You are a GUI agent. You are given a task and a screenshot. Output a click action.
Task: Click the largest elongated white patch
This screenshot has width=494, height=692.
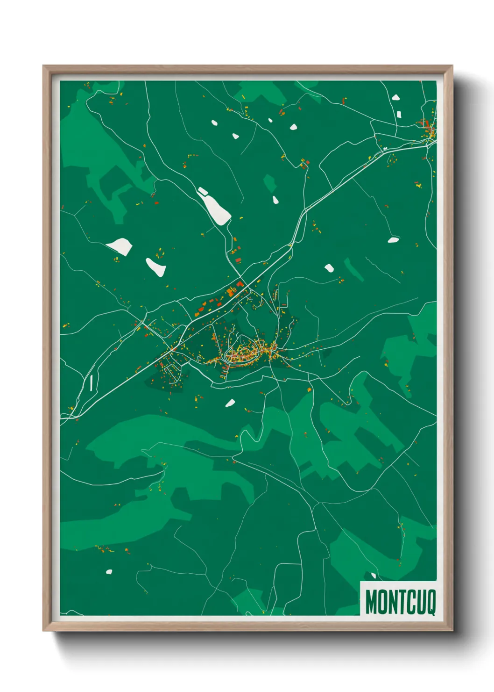point(216,209)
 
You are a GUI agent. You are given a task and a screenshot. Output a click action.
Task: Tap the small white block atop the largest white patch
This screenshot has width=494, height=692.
point(202,190)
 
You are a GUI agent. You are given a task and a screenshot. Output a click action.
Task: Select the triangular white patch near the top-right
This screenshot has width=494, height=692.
point(395,98)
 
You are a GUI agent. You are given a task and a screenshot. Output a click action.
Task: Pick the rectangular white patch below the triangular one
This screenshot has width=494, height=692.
point(399,114)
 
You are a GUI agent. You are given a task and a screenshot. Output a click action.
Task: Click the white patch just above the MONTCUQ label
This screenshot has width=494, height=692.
point(373,576)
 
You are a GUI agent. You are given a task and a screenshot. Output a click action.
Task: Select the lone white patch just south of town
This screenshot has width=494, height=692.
point(230,403)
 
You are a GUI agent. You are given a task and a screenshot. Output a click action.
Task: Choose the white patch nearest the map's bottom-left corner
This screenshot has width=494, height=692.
point(109,571)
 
